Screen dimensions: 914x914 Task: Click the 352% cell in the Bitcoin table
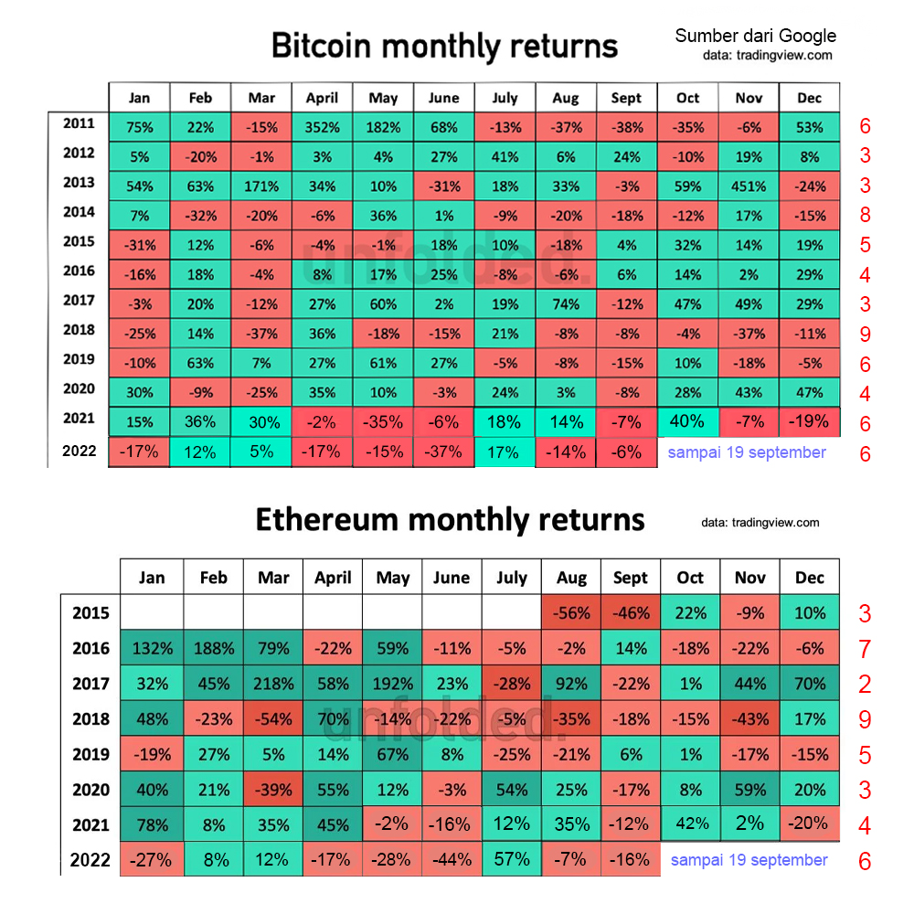pyautogui.click(x=322, y=127)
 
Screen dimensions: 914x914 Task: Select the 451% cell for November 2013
pyautogui.click(x=749, y=186)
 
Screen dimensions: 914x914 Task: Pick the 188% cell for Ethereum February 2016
pyautogui.click(x=213, y=649)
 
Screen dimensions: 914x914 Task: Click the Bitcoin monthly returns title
pyautogui.click(x=444, y=46)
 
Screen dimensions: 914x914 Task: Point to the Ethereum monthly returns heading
pyautogui.click(x=450, y=520)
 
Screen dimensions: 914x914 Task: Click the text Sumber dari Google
pyautogui.click(x=755, y=37)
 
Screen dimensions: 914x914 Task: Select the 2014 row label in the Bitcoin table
pyautogui.click(x=79, y=212)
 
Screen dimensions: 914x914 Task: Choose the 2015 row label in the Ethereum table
pyautogui.click(x=90, y=613)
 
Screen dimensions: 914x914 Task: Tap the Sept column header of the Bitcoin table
pyautogui.click(x=626, y=98)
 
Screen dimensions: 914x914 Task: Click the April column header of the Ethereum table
pyautogui.click(x=332, y=578)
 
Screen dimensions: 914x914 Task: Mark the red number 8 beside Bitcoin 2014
pyautogui.click(x=865, y=217)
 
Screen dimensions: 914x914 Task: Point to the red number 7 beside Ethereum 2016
pyautogui.click(x=865, y=650)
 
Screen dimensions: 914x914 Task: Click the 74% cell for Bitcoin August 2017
pyautogui.click(x=566, y=304)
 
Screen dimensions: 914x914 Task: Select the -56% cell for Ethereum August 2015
pyautogui.click(x=571, y=613)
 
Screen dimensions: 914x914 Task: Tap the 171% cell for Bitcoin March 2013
pyautogui.click(x=261, y=186)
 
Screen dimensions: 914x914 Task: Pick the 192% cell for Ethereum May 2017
pyautogui.click(x=392, y=684)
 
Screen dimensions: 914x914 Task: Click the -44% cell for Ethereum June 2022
pyautogui.click(x=452, y=860)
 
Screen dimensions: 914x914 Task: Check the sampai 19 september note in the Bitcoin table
pyautogui.click(x=747, y=452)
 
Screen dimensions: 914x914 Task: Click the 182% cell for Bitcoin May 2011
pyautogui.click(x=383, y=127)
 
